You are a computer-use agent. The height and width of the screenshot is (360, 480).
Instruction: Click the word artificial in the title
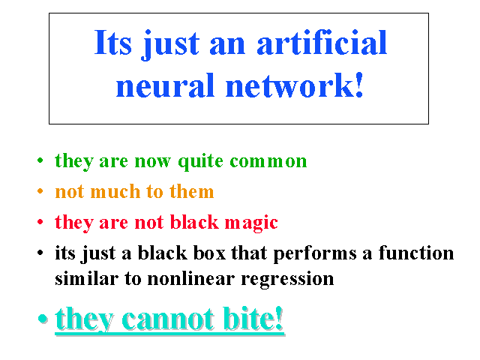[x=322, y=43]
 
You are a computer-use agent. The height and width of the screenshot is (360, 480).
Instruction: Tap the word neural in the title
[x=165, y=85]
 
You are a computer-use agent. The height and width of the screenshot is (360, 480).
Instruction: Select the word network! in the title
[x=294, y=85]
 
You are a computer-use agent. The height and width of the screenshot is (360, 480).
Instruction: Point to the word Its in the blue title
[x=113, y=42]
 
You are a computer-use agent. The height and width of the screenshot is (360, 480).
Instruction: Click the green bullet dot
[x=40, y=160]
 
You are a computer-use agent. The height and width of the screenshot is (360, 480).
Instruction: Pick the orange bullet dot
[x=40, y=191]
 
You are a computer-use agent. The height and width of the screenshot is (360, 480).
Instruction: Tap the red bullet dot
[x=40, y=222]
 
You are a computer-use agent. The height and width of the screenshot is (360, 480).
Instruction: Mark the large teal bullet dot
[x=43, y=319]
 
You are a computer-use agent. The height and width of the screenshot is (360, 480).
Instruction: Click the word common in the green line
[x=268, y=161]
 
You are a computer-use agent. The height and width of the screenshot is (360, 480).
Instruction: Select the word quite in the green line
[x=200, y=161]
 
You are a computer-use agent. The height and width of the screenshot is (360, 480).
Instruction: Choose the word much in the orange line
[x=115, y=191]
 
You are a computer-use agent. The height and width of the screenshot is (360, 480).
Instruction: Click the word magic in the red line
[x=251, y=223]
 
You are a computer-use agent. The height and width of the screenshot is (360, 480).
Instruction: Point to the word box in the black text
[x=209, y=253]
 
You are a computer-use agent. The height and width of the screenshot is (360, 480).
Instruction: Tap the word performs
[x=315, y=254]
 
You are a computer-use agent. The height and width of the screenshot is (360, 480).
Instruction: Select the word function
[x=416, y=253]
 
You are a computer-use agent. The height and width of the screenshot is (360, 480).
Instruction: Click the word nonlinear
[x=191, y=278]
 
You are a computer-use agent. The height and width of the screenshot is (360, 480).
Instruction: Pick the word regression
[x=287, y=280]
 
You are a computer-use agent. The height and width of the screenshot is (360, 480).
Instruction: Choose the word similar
[x=87, y=278]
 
